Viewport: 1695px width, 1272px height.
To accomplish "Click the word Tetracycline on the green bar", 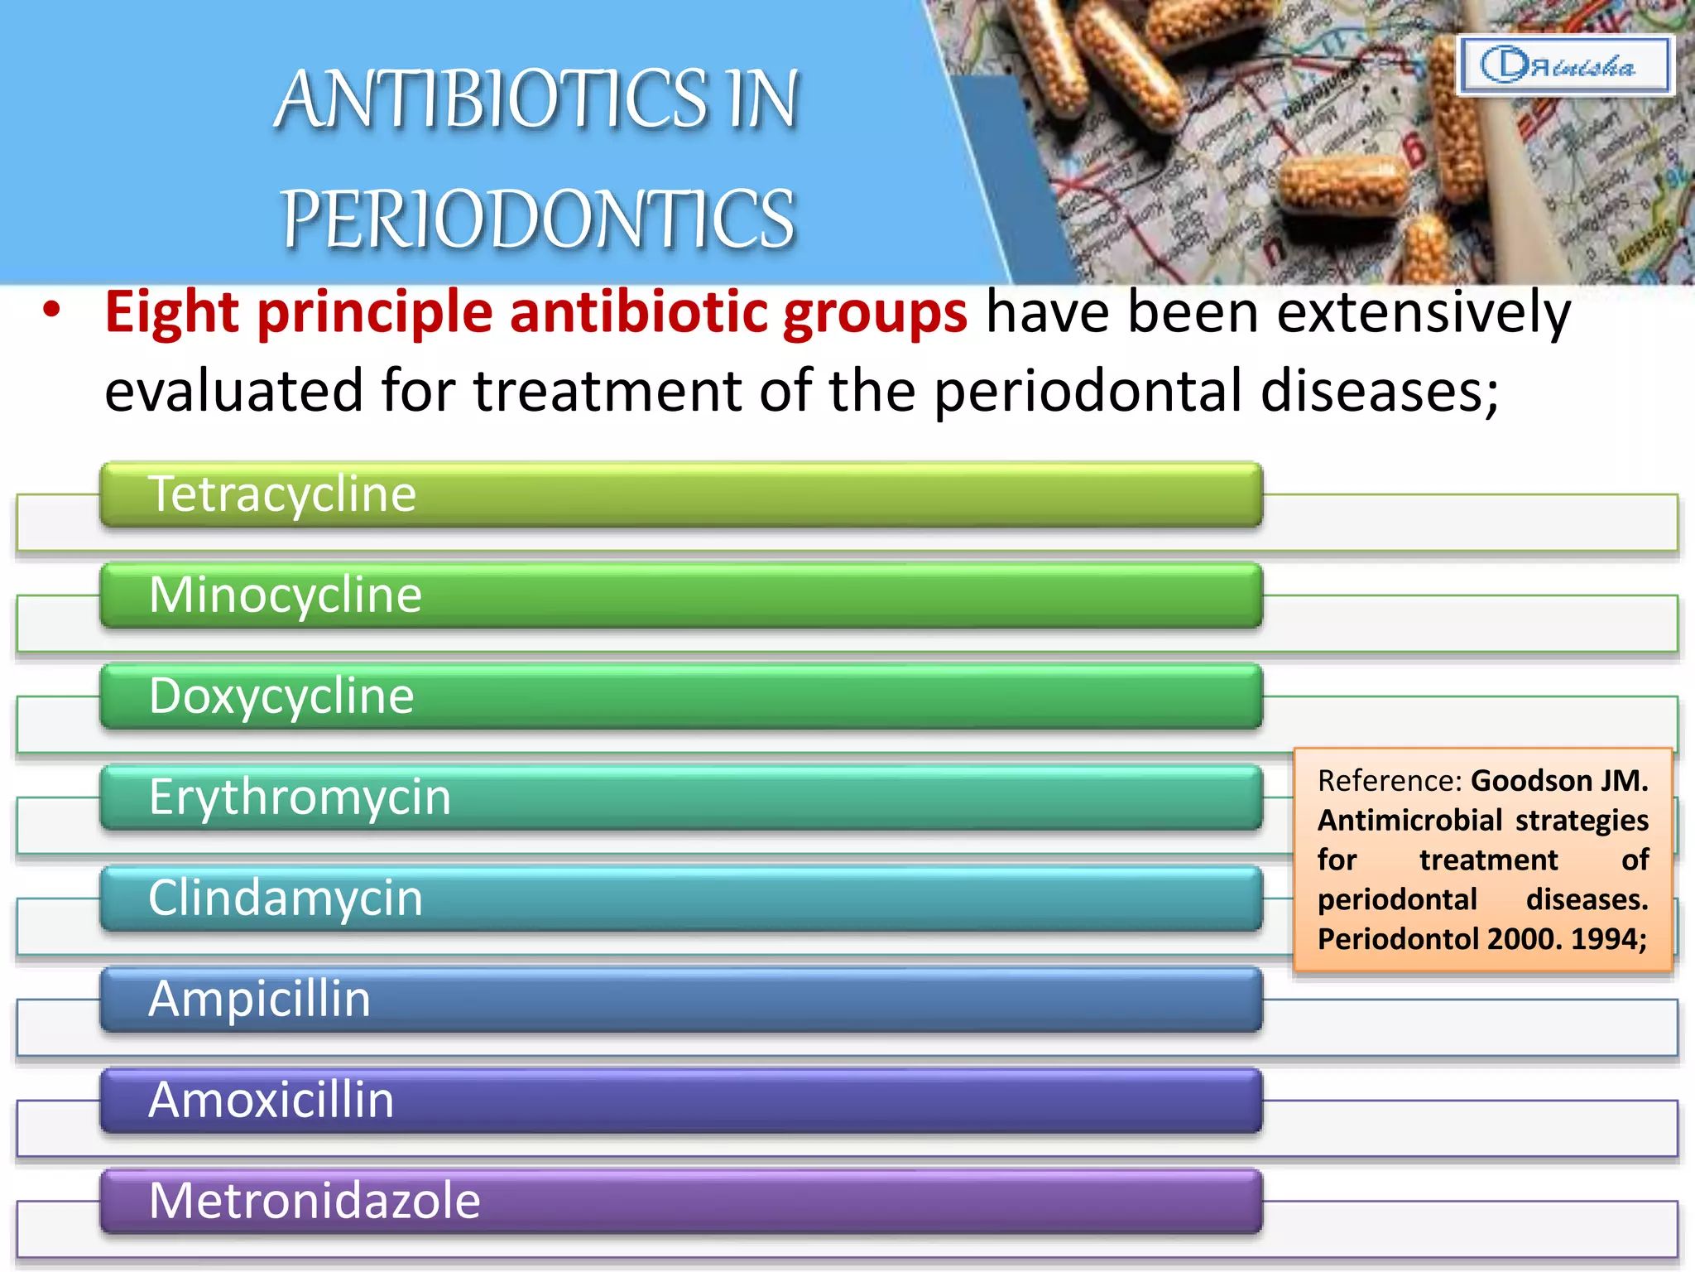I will click(x=281, y=494).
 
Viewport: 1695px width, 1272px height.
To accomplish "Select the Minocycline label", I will click(x=286, y=595).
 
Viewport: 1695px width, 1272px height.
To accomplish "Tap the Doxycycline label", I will click(x=281, y=696).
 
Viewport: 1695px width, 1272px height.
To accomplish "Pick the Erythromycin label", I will click(x=300, y=797).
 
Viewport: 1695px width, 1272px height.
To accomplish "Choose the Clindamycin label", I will click(x=286, y=899).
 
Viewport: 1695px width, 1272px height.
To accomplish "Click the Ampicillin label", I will click(x=259, y=1000).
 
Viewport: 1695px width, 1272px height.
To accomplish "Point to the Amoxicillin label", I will click(x=271, y=1101).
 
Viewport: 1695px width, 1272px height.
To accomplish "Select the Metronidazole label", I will click(x=315, y=1202).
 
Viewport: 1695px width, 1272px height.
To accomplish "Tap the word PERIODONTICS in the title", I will click(x=538, y=219).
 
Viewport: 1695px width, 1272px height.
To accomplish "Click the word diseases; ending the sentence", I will click(x=1378, y=391).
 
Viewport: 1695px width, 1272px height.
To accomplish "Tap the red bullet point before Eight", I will click(x=52, y=311).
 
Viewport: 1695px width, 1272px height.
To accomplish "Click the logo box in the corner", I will click(x=1563, y=65).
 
